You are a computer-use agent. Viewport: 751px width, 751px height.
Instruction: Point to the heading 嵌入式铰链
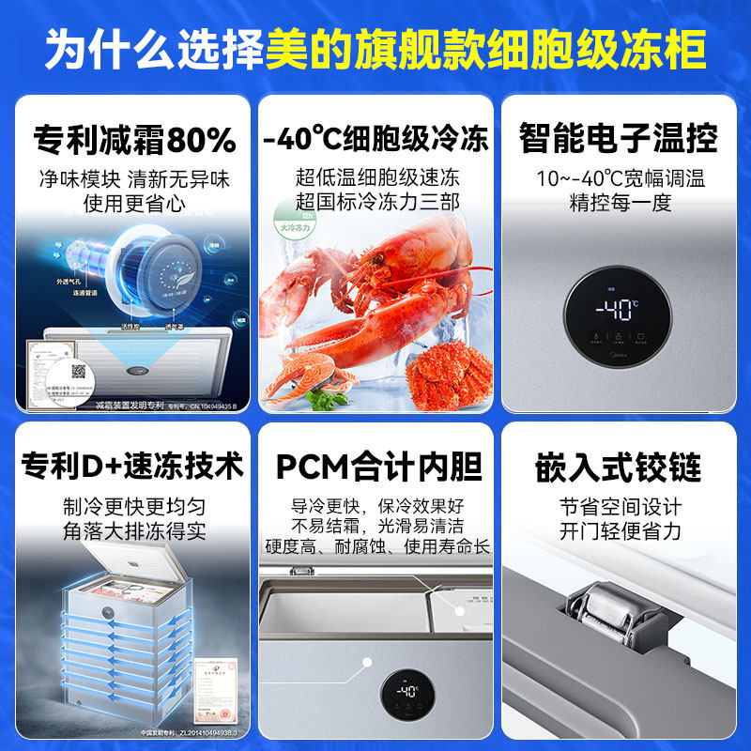pos(619,467)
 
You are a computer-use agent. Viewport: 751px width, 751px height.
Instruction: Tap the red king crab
pos(442,372)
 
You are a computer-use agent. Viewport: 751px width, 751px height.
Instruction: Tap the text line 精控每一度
pos(621,203)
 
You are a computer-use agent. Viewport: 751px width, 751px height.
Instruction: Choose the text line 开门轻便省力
pos(621,531)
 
